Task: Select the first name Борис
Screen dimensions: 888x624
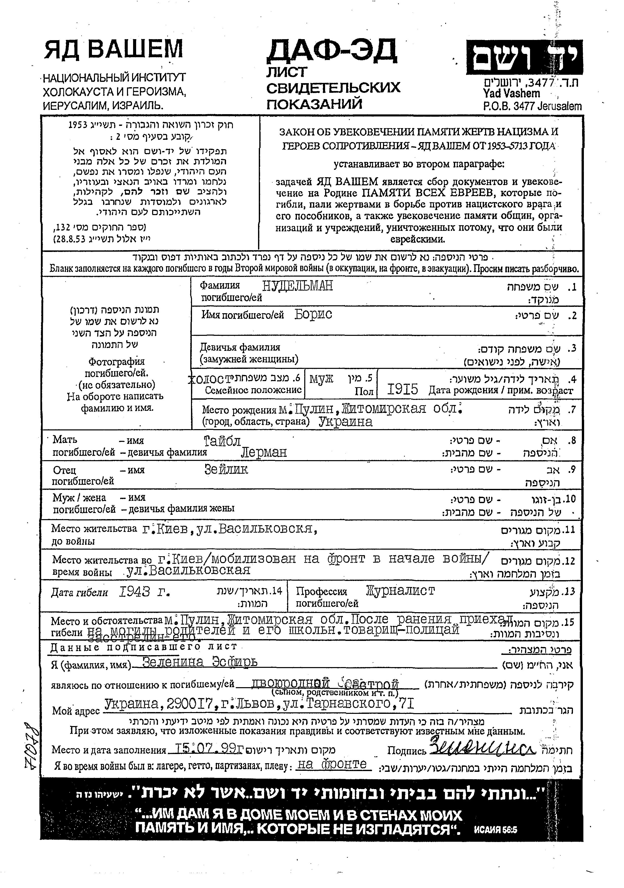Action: point(313,314)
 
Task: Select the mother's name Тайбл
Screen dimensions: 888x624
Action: point(222,441)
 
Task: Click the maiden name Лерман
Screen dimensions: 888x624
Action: point(264,452)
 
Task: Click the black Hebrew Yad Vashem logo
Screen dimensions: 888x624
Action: point(524,58)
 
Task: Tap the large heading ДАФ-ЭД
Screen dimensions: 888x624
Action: point(331,51)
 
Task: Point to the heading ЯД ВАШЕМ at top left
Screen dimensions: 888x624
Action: point(114,50)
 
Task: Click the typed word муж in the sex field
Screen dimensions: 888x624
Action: point(322,378)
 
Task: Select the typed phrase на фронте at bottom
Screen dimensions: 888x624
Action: point(332,764)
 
